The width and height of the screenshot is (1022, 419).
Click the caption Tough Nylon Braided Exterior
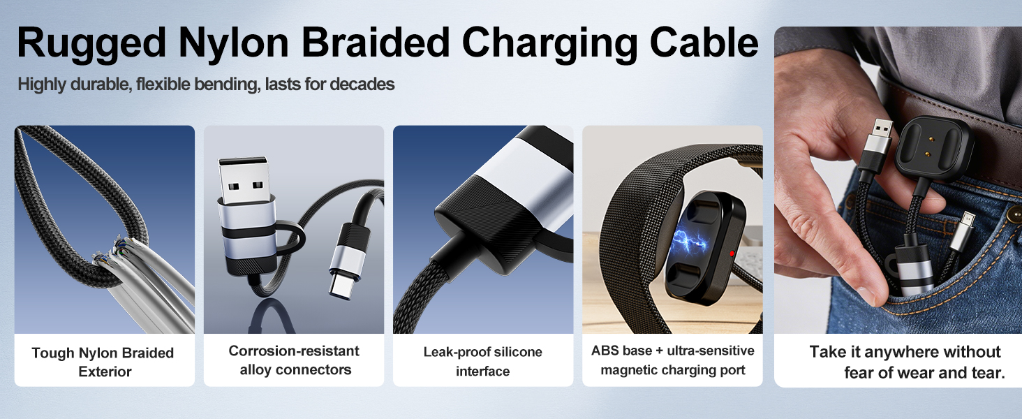[x=103, y=362]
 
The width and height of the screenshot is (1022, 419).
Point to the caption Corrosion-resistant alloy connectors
[x=295, y=360]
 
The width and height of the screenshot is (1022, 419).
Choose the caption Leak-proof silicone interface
[x=482, y=361]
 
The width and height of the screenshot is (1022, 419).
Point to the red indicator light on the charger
[x=732, y=253]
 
